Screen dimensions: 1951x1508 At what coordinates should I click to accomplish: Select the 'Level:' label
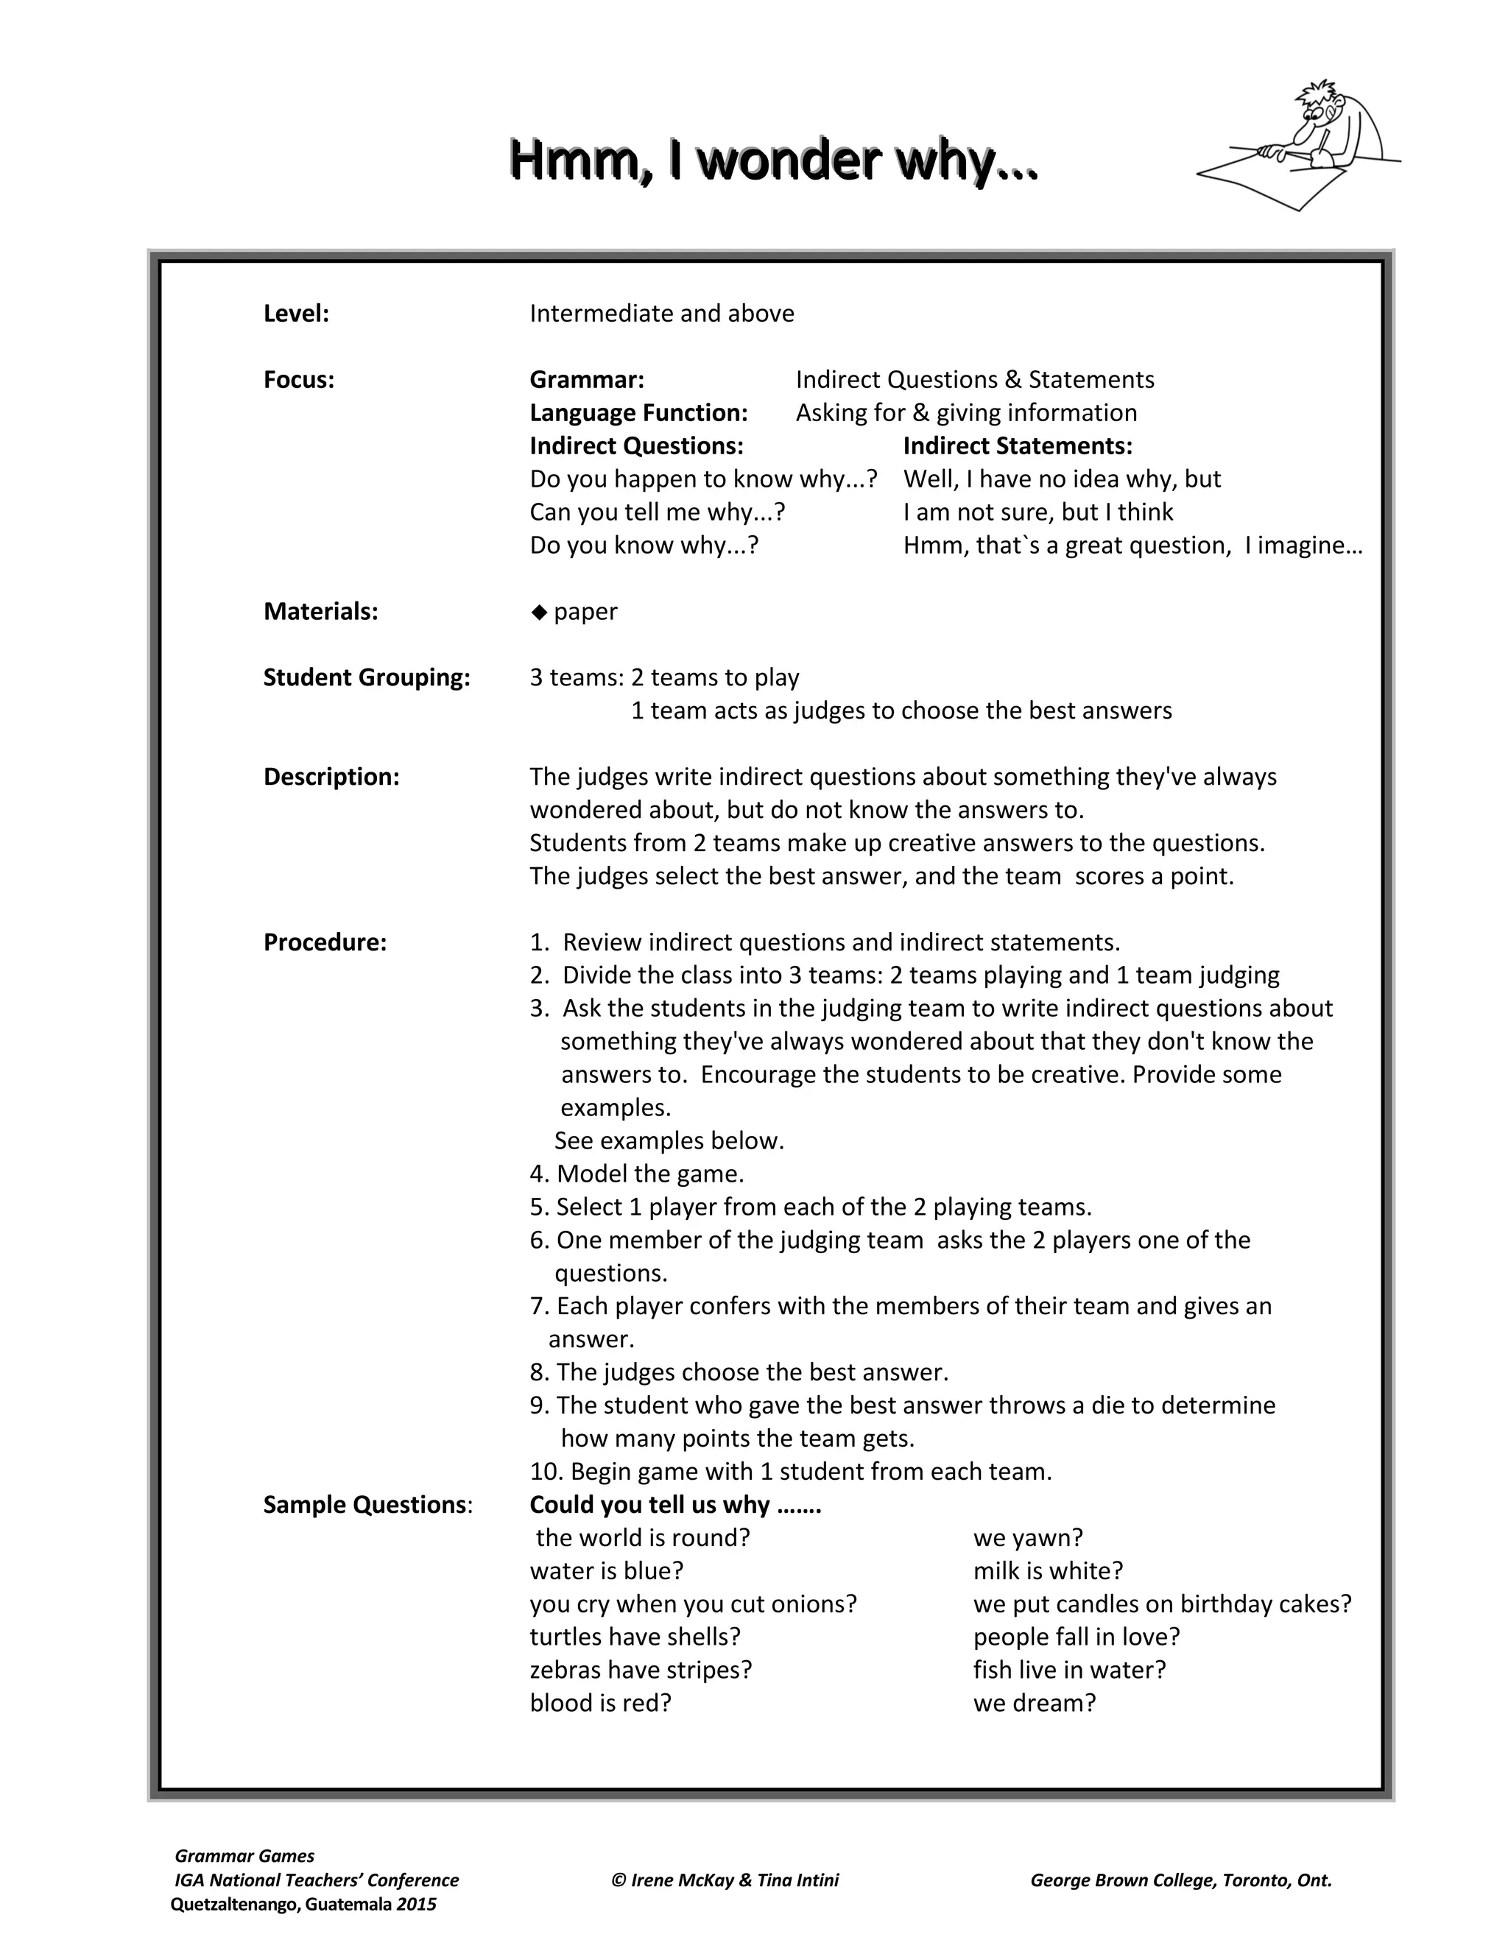tap(296, 314)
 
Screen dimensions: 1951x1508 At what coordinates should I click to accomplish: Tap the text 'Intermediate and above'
tap(661, 314)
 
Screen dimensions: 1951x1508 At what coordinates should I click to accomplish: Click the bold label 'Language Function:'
tap(638, 413)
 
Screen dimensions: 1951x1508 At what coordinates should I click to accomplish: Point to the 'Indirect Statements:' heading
tap(1017, 445)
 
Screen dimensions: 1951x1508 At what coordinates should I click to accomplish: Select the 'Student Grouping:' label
tap(366, 677)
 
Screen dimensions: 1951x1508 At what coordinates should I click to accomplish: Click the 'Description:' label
tap(331, 776)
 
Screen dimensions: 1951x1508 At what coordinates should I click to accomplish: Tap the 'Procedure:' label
tap(324, 942)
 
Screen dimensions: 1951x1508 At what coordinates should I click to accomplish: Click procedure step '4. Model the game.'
tap(636, 1174)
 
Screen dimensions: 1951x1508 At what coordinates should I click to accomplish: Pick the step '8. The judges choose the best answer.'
tap(738, 1372)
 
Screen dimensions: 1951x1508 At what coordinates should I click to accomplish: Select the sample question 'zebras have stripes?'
tap(641, 1670)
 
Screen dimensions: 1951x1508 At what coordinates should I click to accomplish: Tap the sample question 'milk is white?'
tap(1048, 1570)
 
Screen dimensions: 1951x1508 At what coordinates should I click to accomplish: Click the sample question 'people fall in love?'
tap(1077, 1637)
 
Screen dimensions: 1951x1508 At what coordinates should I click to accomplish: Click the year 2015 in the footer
tap(416, 1904)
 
